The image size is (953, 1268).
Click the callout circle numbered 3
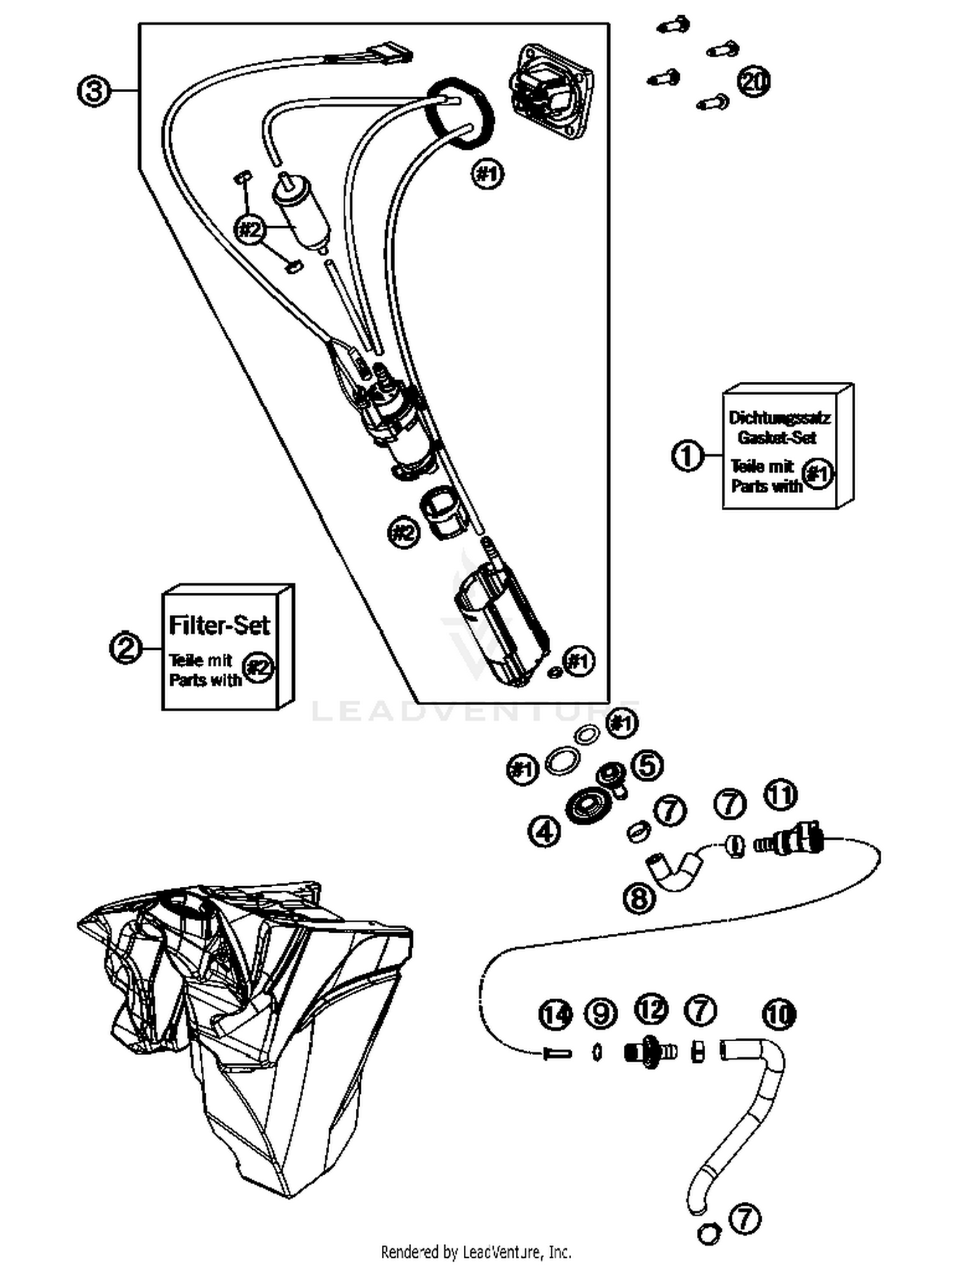(93, 91)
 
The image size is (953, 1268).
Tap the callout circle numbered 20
(754, 82)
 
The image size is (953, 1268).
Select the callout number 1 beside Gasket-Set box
(687, 455)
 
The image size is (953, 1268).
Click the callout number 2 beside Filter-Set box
(126, 648)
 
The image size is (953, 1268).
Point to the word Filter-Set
(219, 625)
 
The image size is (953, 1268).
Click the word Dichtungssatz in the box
(779, 417)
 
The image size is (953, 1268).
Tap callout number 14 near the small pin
(556, 1015)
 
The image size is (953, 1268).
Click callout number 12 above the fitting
(651, 1009)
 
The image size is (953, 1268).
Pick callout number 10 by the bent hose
(779, 1015)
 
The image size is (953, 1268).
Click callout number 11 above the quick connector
(781, 794)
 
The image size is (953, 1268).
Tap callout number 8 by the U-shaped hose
(639, 898)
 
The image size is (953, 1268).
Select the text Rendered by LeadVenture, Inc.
(476, 1252)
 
